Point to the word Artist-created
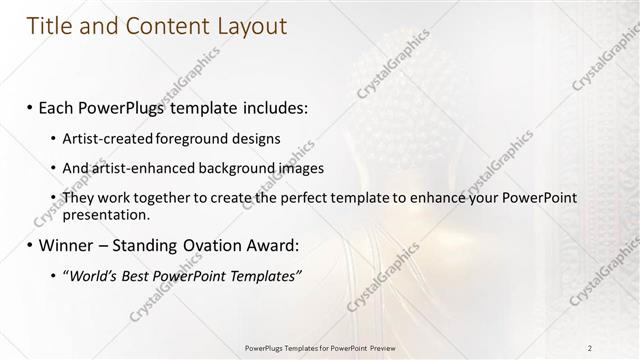click(101, 137)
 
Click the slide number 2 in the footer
click(590, 347)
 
